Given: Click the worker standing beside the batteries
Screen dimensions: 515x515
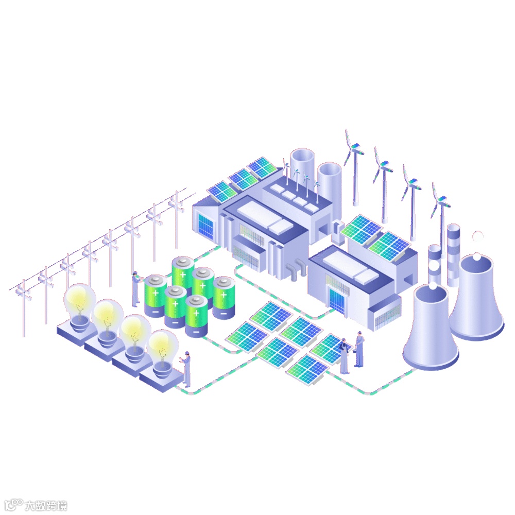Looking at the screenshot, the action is point(135,289).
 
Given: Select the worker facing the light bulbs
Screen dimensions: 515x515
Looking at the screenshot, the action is point(186,369).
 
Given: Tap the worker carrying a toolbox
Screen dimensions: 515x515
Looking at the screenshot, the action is point(359,350).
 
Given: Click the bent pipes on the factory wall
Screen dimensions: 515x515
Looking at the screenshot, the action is point(296,269).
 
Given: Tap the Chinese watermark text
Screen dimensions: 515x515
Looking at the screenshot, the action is point(46,505).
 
